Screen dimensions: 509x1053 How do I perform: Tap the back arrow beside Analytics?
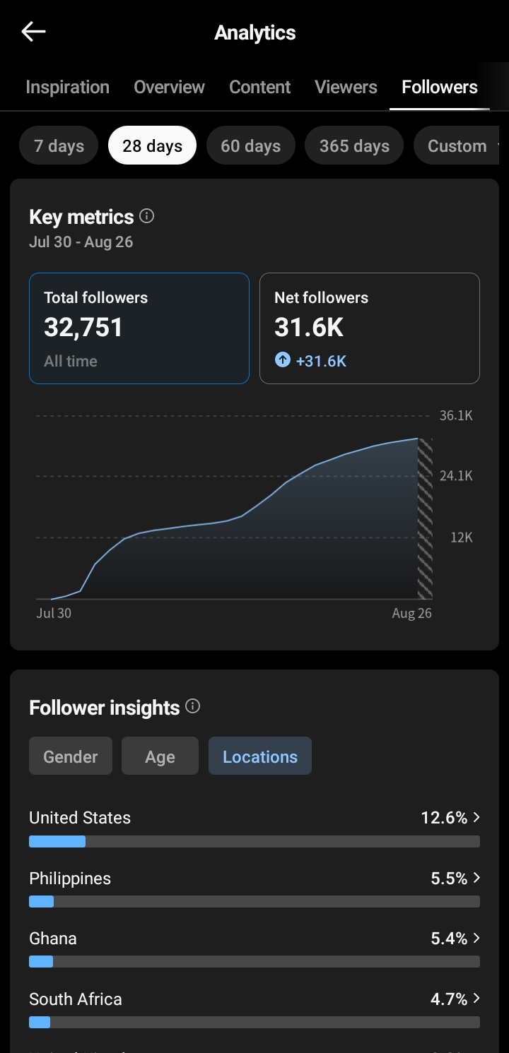pyautogui.click(x=33, y=32)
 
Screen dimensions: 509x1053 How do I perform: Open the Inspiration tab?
pyautogui.click(x=68, y=87)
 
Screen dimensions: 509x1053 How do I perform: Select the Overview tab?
pyautogui.click(x=170, y=87)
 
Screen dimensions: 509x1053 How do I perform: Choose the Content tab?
pyautogui.click(x=259, y=87)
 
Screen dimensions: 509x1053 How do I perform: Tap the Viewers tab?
pyautogui.click(x=346, y=87)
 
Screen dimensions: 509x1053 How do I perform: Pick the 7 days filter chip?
pyautogui.click(x=59, y=145)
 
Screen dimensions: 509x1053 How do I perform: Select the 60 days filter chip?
pyautogui.click(x=251, y=145)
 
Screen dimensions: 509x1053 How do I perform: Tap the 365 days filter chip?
pyautogui.click(x=354, y=145)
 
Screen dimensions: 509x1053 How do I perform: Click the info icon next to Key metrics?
pyautogui.click(x=147, y=216)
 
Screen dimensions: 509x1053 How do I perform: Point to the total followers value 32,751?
pyautogui.click(x=83, y=327)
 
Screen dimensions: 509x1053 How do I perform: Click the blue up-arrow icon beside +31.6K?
pyautogui.click(x=282, y=360)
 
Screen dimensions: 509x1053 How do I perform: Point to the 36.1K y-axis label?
pyautogui.click(x=456, y=415)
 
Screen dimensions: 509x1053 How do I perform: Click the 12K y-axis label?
pyautogui.click(x=461, y=537)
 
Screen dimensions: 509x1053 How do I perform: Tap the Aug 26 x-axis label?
pyautogui.click(x=411, y=613)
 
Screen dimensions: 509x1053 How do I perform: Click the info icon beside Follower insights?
pyautogui.click(x=192, y=706)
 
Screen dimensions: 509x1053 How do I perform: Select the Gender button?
pyautogui.click(x=71, y=756)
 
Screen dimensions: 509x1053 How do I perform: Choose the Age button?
pyautogui.click(x=160, y=756)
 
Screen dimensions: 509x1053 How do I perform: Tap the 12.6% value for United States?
pyautogui.click(x=444, y=818)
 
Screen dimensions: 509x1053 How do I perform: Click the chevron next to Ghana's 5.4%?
pyautogui.click(x=476, y=938)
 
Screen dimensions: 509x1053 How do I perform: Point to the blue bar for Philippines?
pyautogui.click(x=42, y=902)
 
